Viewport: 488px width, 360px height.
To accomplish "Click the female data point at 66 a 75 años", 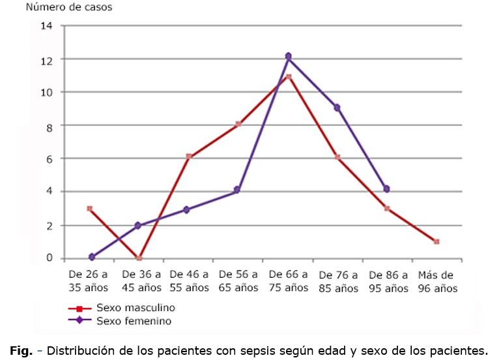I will coord(288,57).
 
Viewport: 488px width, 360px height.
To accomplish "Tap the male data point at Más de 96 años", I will coord(436,241).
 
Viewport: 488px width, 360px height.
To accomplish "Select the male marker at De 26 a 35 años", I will coord(89,208).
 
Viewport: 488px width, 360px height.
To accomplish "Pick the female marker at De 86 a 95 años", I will coord(386,188).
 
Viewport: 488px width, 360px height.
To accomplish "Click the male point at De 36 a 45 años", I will coord(139,258).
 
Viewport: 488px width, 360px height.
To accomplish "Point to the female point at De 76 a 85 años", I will coord(337,108).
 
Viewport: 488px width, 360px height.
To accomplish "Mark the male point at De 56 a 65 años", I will coord(238,124).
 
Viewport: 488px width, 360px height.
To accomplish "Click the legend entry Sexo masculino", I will coord(136,308).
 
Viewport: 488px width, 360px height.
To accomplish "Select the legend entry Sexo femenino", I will coord(134,320).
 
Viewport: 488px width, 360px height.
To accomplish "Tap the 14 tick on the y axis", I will coord(46,26).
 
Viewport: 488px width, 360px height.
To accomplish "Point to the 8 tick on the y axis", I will coord(49,125).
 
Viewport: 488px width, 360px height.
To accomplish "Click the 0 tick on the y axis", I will coord(49,258).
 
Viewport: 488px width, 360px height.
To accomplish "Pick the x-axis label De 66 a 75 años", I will coord(288,281).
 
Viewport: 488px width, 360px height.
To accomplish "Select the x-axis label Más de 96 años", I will coord(436,281).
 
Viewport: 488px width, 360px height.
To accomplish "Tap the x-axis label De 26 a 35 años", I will coord(89,281).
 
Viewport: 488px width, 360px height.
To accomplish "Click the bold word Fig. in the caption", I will coord(20,350).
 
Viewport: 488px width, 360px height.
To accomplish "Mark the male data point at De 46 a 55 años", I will coord(188,157).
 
